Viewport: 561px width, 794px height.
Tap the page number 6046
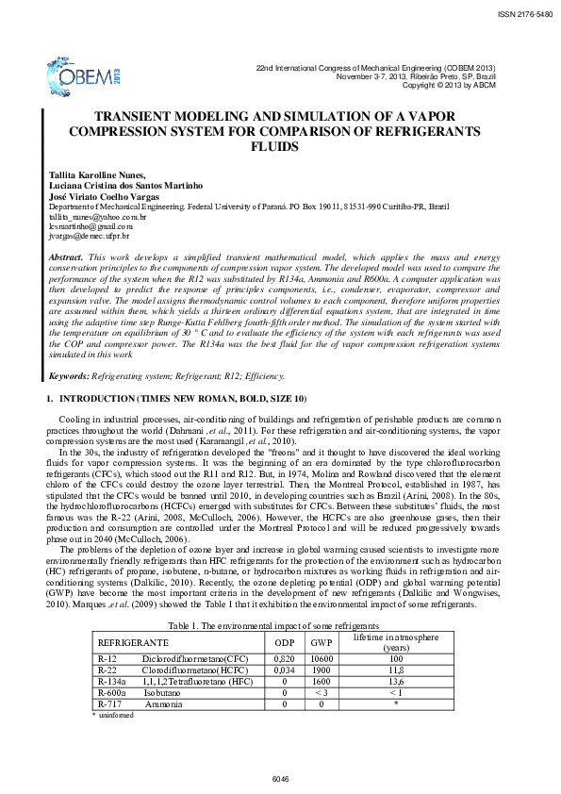[280, 778]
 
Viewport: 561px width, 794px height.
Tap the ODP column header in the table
[284, 641]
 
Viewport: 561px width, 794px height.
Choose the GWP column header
[321, 641]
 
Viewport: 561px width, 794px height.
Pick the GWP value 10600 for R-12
[321, 658]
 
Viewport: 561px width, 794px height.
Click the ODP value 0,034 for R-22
[284, 670]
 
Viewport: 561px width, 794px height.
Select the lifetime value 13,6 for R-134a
[395, 681]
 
